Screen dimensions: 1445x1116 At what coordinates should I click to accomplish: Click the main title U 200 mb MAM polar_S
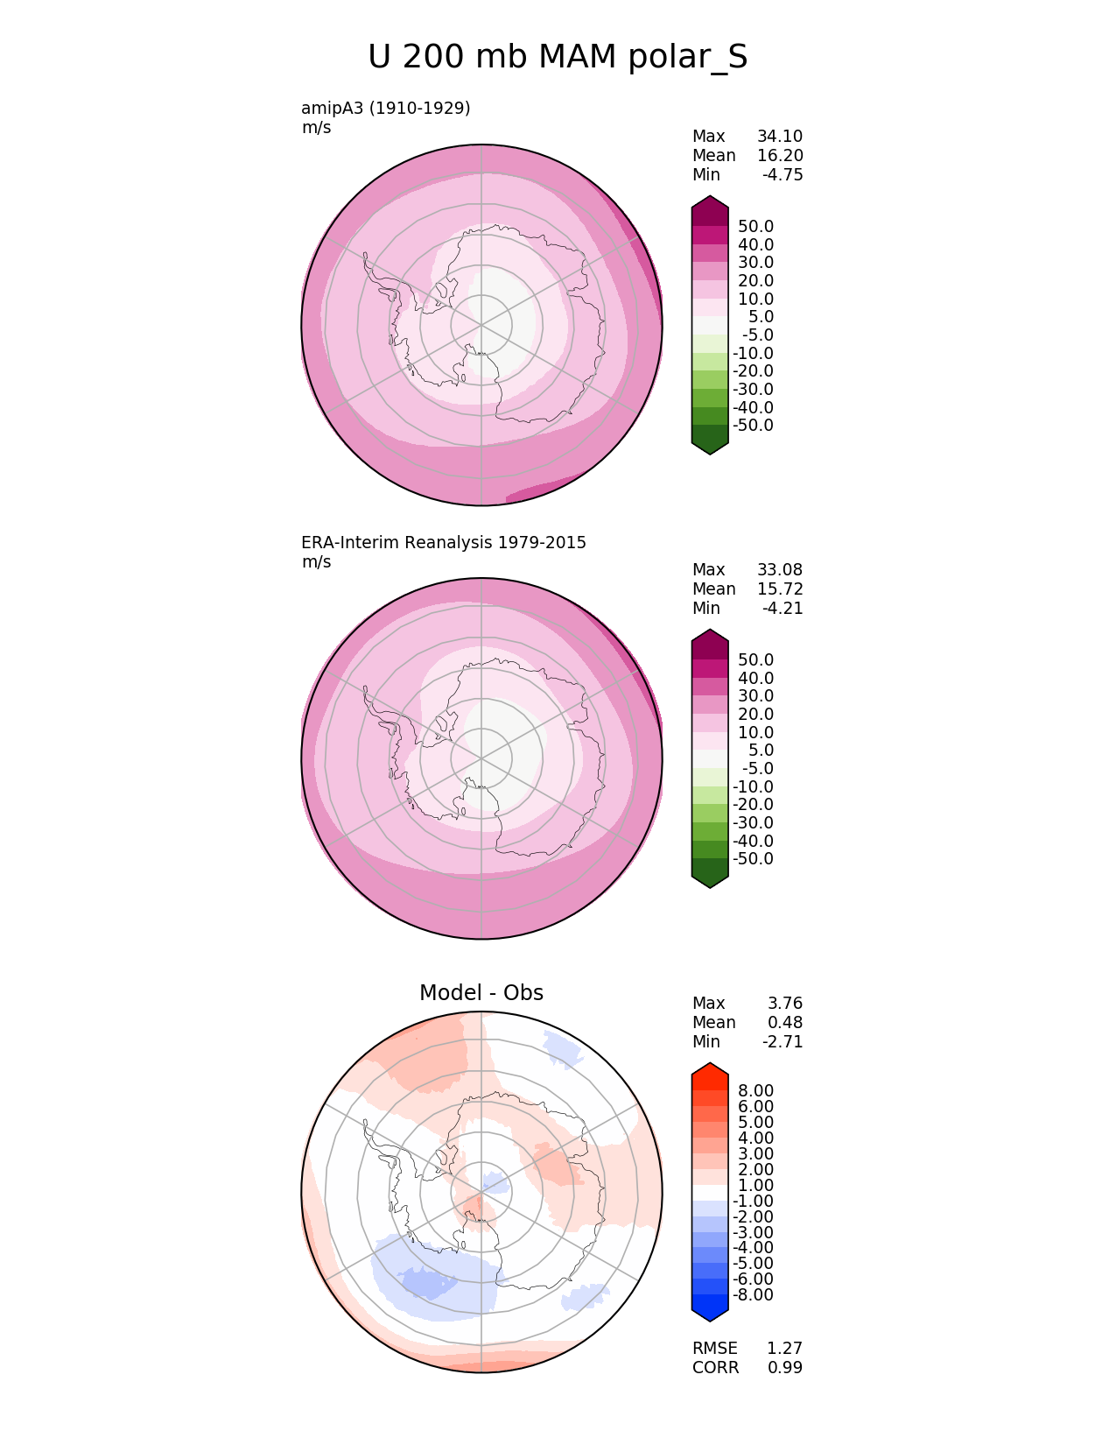pos(558,58)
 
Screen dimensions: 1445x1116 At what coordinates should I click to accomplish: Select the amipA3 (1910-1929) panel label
pos(386,109)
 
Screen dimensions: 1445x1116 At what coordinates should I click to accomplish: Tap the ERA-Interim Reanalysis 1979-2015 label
pos(444,543)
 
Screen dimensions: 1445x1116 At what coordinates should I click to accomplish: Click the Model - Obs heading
pos(481,993)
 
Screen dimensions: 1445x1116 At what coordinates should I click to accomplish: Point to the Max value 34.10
pos(780,137)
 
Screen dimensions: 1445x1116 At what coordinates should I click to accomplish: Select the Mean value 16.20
pos(780,156)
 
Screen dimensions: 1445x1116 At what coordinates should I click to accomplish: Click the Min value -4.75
pos(783,175)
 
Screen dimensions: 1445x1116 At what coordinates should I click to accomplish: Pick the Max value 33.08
pos(780,570)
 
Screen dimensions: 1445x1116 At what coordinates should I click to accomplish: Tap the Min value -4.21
pos(783,609)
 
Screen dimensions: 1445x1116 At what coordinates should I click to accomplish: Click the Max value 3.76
pos(785,1004)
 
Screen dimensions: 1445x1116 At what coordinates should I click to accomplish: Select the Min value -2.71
pos(783,1042)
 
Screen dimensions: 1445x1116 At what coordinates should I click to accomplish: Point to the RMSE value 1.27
pos(785,1349)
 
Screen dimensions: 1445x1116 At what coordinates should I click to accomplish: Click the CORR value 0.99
pos(785,1368)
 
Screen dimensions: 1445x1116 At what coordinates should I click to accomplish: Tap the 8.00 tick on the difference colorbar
pos(755,1091)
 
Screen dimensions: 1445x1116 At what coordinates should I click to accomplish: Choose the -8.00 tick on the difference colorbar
pos(753,1295)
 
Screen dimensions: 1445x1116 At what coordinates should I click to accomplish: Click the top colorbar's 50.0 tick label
pos(755,227)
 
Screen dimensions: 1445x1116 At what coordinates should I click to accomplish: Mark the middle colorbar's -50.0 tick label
pos(753,859)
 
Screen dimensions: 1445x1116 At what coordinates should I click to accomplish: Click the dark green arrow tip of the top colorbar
pos(710,442)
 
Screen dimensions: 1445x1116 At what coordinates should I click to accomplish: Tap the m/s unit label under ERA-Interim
pos(317,562)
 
